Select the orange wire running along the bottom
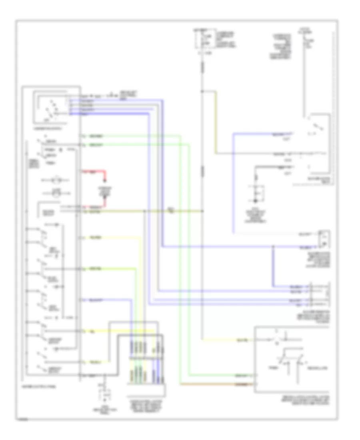click(x=216, y=384)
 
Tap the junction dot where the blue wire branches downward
click(x=274, y=247)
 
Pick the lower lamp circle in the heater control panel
click(x=56, y=194)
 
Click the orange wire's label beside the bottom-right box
click(x=240, y=384)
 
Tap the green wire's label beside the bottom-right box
click(x=240, y=376)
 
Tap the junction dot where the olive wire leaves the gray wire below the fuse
click(x=202, y=92)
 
